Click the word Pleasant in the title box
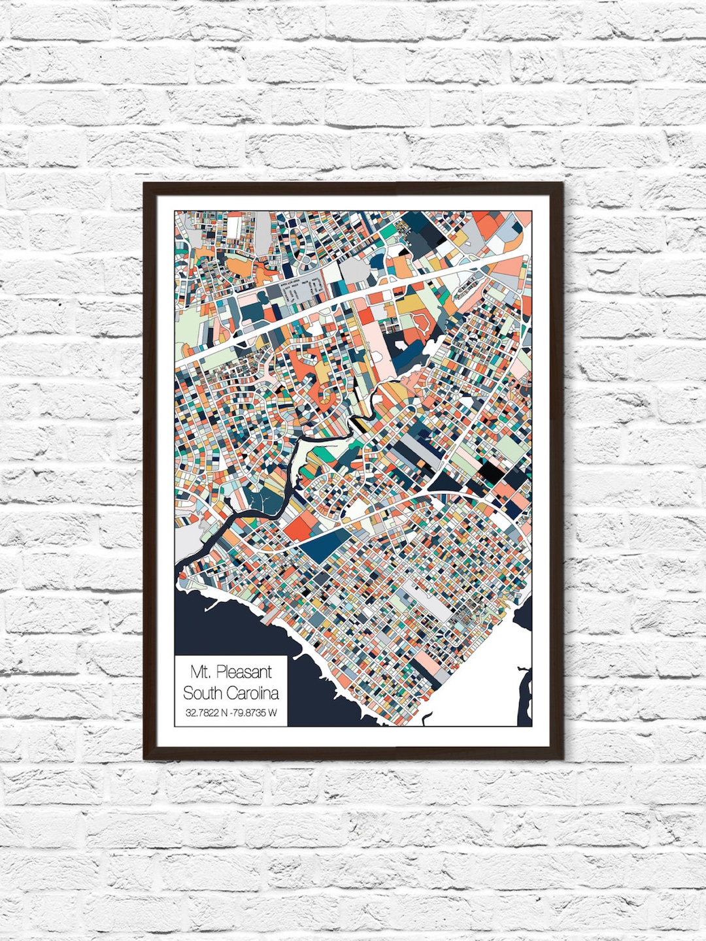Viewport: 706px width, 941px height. click(x=243, y=671)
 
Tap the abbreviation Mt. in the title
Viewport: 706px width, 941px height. click(x=201, y=671)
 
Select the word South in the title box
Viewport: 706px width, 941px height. click(x=203, y=693)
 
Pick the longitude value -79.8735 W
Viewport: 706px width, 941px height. click(x=254, y=713)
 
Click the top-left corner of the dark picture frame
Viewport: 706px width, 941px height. click(x=145, y=184)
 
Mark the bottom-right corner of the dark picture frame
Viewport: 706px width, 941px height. click(x=562, y=758)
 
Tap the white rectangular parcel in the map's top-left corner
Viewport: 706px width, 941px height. click(x=233, y=228)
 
